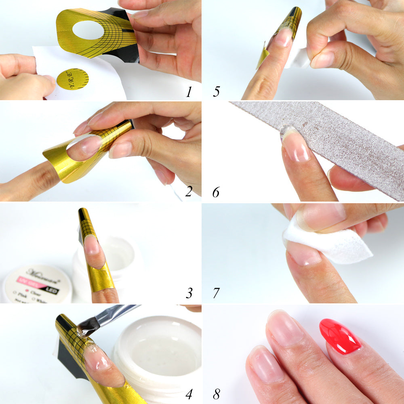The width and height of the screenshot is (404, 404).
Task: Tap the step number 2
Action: (189, 191)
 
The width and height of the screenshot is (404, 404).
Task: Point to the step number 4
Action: (189, 393)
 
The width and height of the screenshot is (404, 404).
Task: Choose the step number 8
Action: (216, 393)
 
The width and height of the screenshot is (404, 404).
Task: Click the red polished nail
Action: (340, 337)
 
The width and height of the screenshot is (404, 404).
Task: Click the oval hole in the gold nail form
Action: (88, 30)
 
